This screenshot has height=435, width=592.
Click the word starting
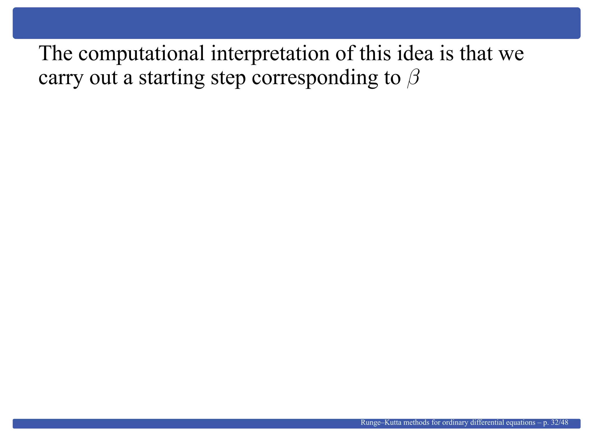pyautogui.click(x=171, y=79)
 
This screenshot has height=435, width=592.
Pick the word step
pyautogui.click(x=228, y=79)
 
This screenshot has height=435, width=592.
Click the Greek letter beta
pyautogui.click(x=413, y=79)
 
